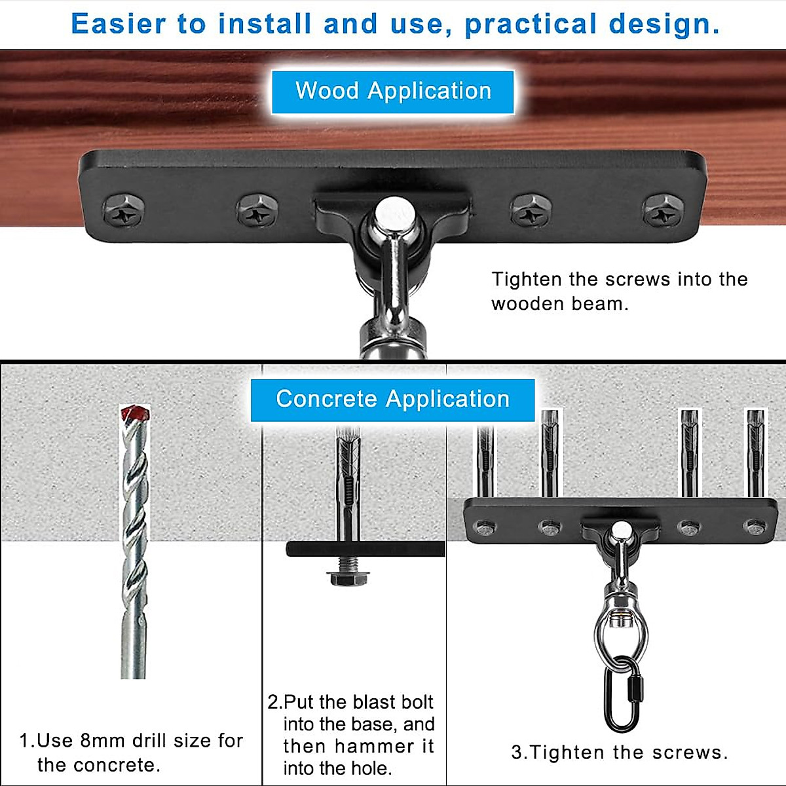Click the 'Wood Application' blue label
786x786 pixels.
(x=393, y=91)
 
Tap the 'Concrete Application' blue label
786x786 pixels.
(x=392, y=399)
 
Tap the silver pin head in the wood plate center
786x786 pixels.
(x=394, y=213)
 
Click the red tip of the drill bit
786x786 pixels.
(x=136, y=413)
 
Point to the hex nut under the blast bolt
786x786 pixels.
(x=348, y=578)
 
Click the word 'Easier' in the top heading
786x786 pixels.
(x=119, y=24)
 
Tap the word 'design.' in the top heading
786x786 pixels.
(x=664, y=24)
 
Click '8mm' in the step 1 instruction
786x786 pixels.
(x=102, y=741)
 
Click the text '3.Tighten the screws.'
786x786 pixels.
(x=619, y=753)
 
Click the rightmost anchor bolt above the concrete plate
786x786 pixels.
(x=755, y=452)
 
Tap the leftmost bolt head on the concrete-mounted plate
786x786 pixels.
(x=485, y=527)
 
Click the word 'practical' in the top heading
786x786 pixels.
(x=531, y=24)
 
